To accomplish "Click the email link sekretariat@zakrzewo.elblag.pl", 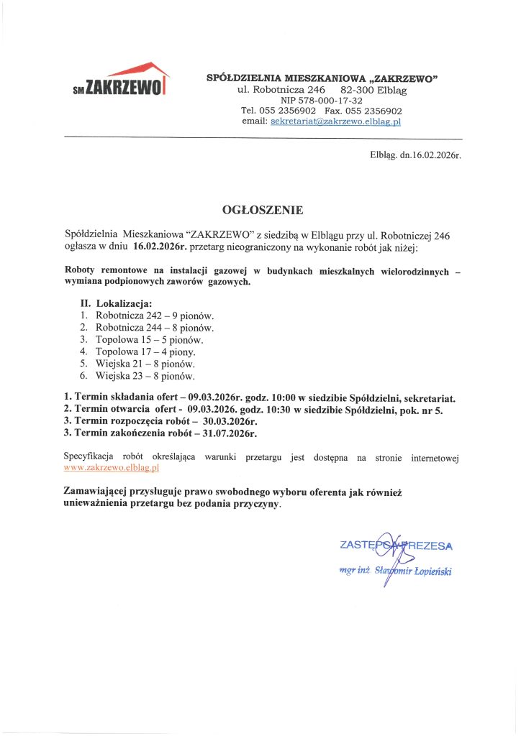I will pos(335,122).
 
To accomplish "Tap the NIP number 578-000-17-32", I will pos(321,101).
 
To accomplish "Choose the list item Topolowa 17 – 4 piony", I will pos(145,351).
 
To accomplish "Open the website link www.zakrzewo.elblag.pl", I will pos(112,467).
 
